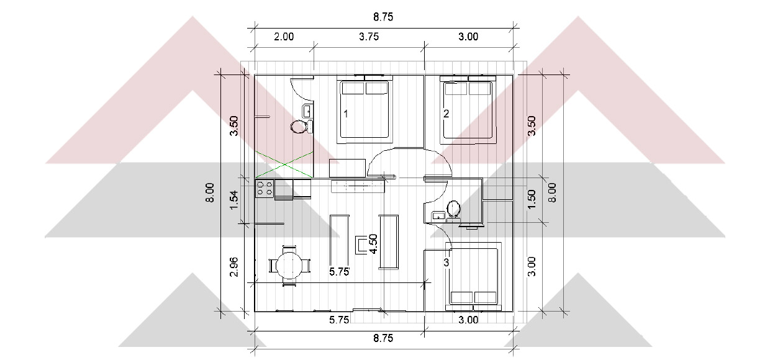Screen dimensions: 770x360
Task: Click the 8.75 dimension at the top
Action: [x=383, y=17]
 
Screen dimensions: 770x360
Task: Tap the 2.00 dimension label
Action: [x=284, y=37]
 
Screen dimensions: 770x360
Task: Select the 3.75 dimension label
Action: [x=369, y=37]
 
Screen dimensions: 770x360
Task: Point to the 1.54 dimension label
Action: [x=233, y=200]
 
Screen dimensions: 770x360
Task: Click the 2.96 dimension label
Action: [x=233, y=266]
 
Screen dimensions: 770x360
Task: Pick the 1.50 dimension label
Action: [x=532, y=199]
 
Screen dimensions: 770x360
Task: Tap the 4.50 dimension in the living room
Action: [x=373, y=243]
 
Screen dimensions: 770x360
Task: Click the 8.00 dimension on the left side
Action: [x=210, y=192]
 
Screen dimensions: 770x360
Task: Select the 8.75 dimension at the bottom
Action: [x=383, y=338]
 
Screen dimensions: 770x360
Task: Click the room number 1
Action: [x=346, y=114]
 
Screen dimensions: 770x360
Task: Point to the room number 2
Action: [x=446, y=114]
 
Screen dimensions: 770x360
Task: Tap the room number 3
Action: [x=446, y=263]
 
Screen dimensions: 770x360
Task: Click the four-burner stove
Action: [x=265, y=189]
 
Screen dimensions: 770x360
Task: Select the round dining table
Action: [x=290, y=266]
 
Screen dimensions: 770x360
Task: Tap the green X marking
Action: [x=284, y=165]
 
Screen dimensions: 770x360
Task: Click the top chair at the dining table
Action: [x=289, y=249]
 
